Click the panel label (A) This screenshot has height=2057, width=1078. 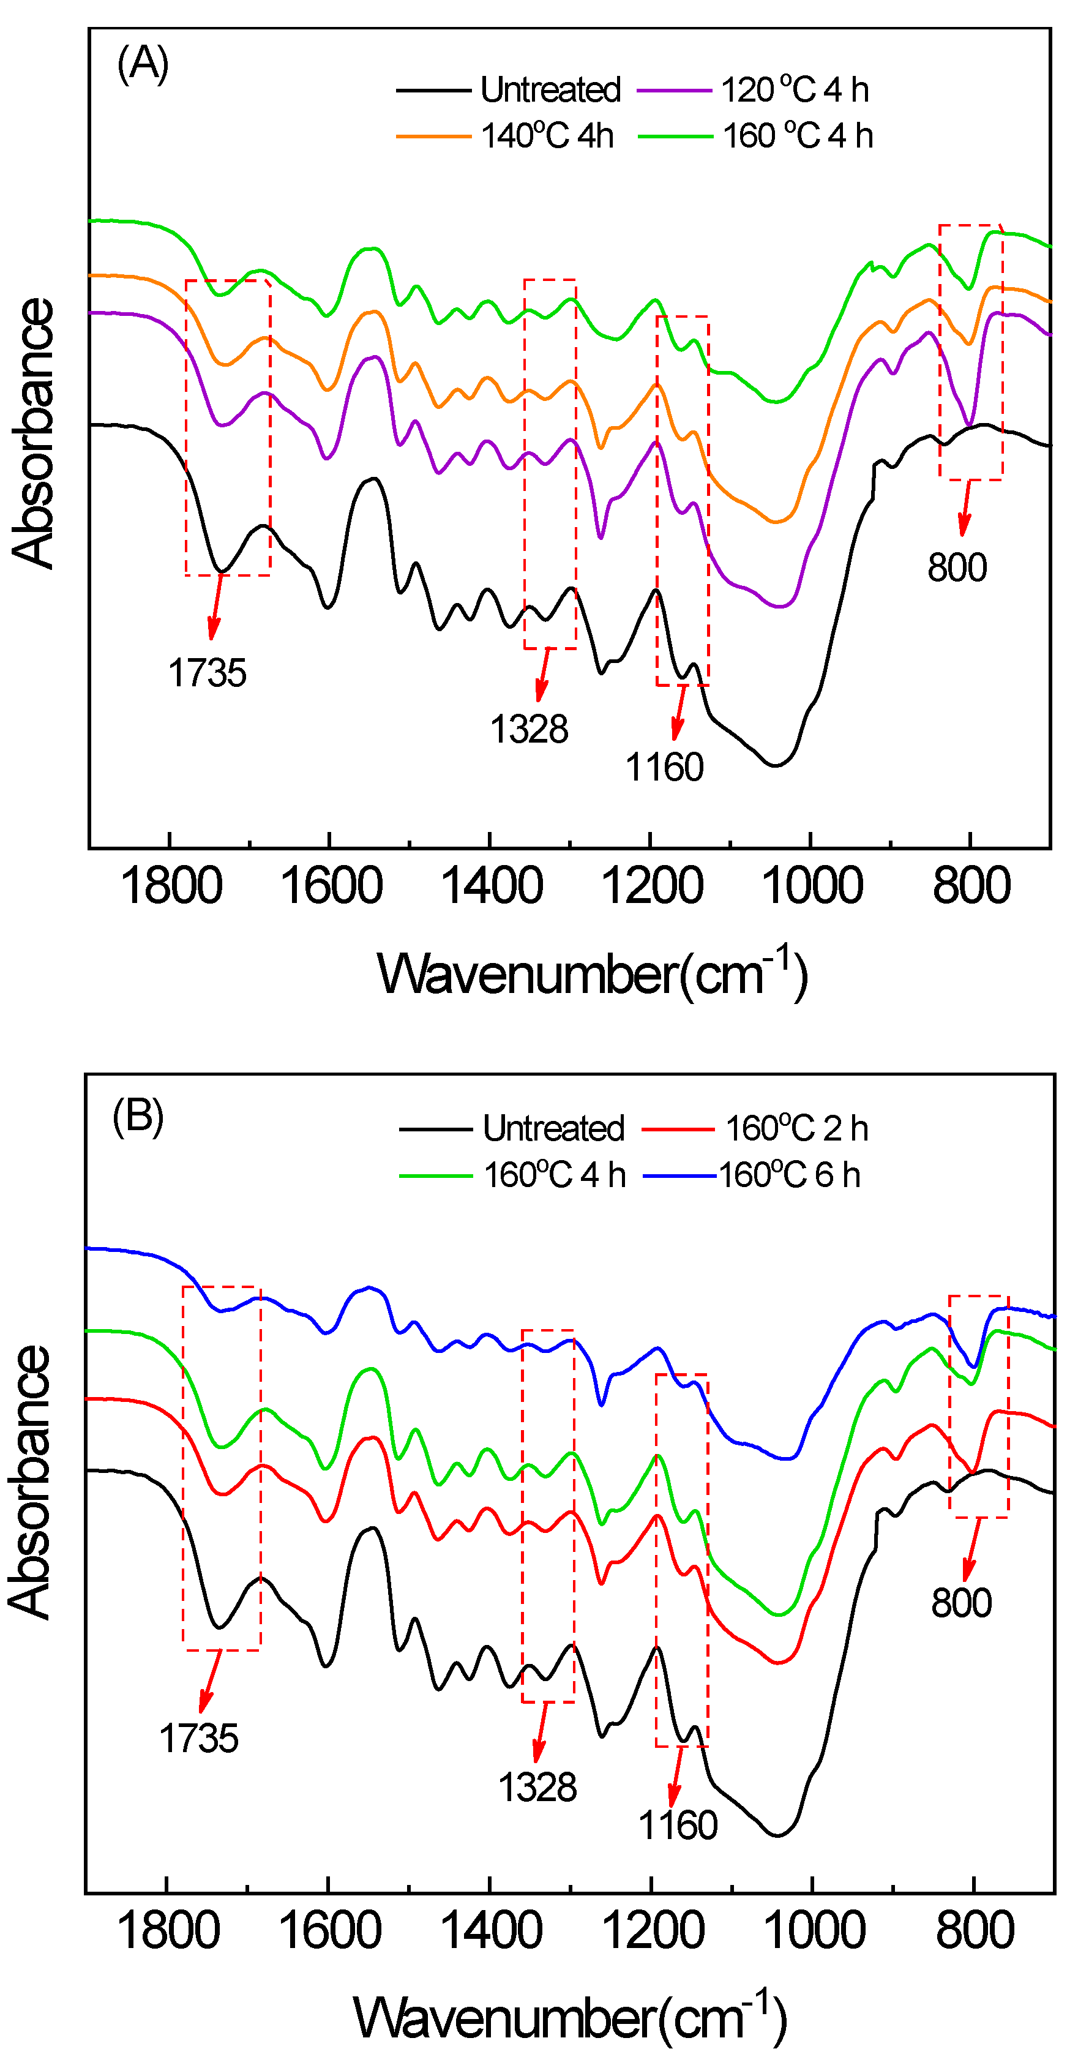pyautogui.click(x=142, y=64)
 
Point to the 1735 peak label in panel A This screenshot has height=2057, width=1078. pyautogui.click(x=206, y=673)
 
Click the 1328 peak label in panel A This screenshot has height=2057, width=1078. pyautogui.click(x=529, y=730)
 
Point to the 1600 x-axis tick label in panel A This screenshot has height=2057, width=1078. pyautogui.click(x=331, y=887)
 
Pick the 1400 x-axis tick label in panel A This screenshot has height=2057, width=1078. pyautogui.click(x=491, y=887)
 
